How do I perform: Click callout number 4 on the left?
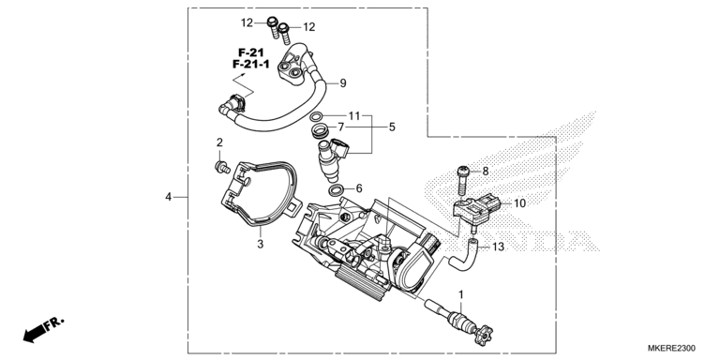(x=169, y=197)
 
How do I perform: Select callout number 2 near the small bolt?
(x=219, y=142)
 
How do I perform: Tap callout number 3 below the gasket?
(x=262, y=244)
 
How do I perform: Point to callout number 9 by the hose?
(x=343, y=82)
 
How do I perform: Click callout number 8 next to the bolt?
(x=486, y=171)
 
